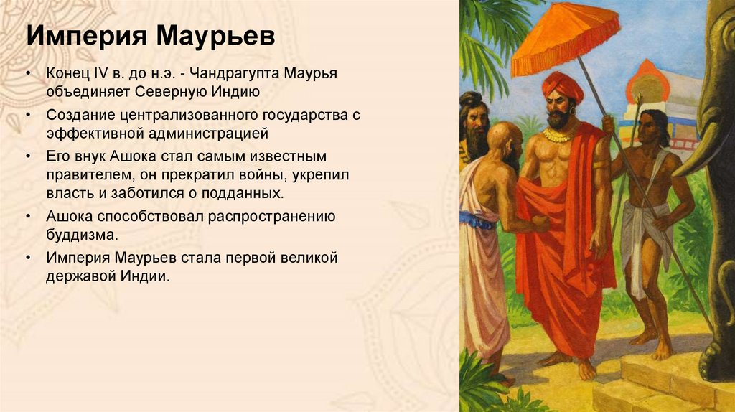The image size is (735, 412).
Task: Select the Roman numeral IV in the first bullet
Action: click(x=114, y=75)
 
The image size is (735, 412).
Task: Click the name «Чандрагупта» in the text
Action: click(x=235, y=75)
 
